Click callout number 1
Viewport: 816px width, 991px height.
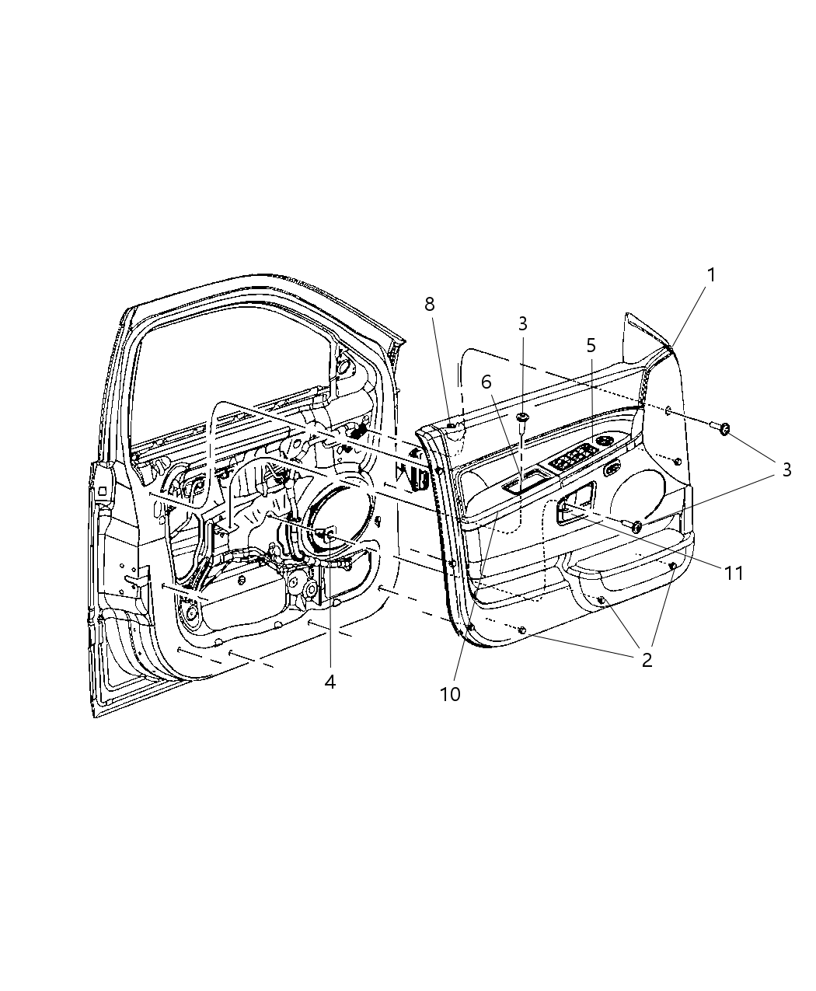pyautogui.click(x=710, y=274)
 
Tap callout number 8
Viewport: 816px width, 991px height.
pyautogui.click(x=430, y=304)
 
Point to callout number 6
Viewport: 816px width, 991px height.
pyautogui.click(x=486, y=382)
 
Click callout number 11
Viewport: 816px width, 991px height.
pyautogui.click(x=734, y=574)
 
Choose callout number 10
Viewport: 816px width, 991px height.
pyautogui.click(x=450, y=694)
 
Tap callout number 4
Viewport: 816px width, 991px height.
pyautogui.click(x=330, y=682)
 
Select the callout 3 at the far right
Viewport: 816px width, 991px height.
pyautogui.click(x=786, y=469)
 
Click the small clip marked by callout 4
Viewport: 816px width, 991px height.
pyautogui.click(x=328, y=533)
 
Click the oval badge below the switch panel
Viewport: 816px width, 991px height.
pyautogui.click(x=612, y=468)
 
